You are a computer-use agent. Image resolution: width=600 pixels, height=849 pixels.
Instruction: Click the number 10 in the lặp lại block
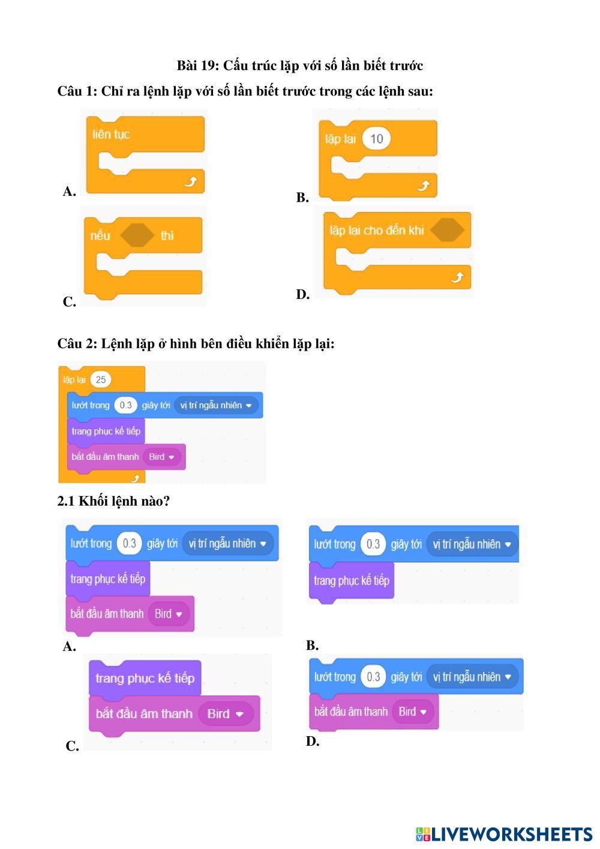(376, 139)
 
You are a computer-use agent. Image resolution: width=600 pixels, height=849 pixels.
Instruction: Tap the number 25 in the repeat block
(101, 379)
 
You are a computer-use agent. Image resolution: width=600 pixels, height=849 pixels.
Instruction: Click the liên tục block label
(111, 134)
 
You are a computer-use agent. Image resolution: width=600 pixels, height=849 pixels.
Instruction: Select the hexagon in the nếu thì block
(137, 235)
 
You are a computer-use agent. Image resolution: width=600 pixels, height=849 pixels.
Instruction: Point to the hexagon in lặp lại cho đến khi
(447, 230)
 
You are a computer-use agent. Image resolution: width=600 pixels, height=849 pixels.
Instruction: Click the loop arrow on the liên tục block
(190, 181)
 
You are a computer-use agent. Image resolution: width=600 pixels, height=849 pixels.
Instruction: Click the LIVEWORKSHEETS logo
(504, 834)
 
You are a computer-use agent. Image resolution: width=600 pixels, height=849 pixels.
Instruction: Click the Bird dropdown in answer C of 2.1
(226, 714)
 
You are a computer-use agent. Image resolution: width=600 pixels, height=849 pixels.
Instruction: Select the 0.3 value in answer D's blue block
(373, 677)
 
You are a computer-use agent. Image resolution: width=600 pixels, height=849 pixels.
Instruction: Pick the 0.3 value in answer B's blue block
(373, 544)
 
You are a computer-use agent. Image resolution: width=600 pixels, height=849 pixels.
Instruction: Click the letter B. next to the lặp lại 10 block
(302, 198)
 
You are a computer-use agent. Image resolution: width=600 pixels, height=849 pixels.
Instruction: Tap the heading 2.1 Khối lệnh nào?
(113, 501)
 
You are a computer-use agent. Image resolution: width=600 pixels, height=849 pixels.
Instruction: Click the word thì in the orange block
(167, 235)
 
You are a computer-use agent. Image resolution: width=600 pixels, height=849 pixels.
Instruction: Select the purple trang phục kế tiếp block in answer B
(352, 581)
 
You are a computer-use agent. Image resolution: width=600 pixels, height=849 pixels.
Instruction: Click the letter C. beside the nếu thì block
(70, 302)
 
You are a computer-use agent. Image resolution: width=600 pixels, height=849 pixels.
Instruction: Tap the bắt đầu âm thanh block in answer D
(351, 712)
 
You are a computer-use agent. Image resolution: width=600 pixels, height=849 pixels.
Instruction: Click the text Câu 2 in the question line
(76, 344)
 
